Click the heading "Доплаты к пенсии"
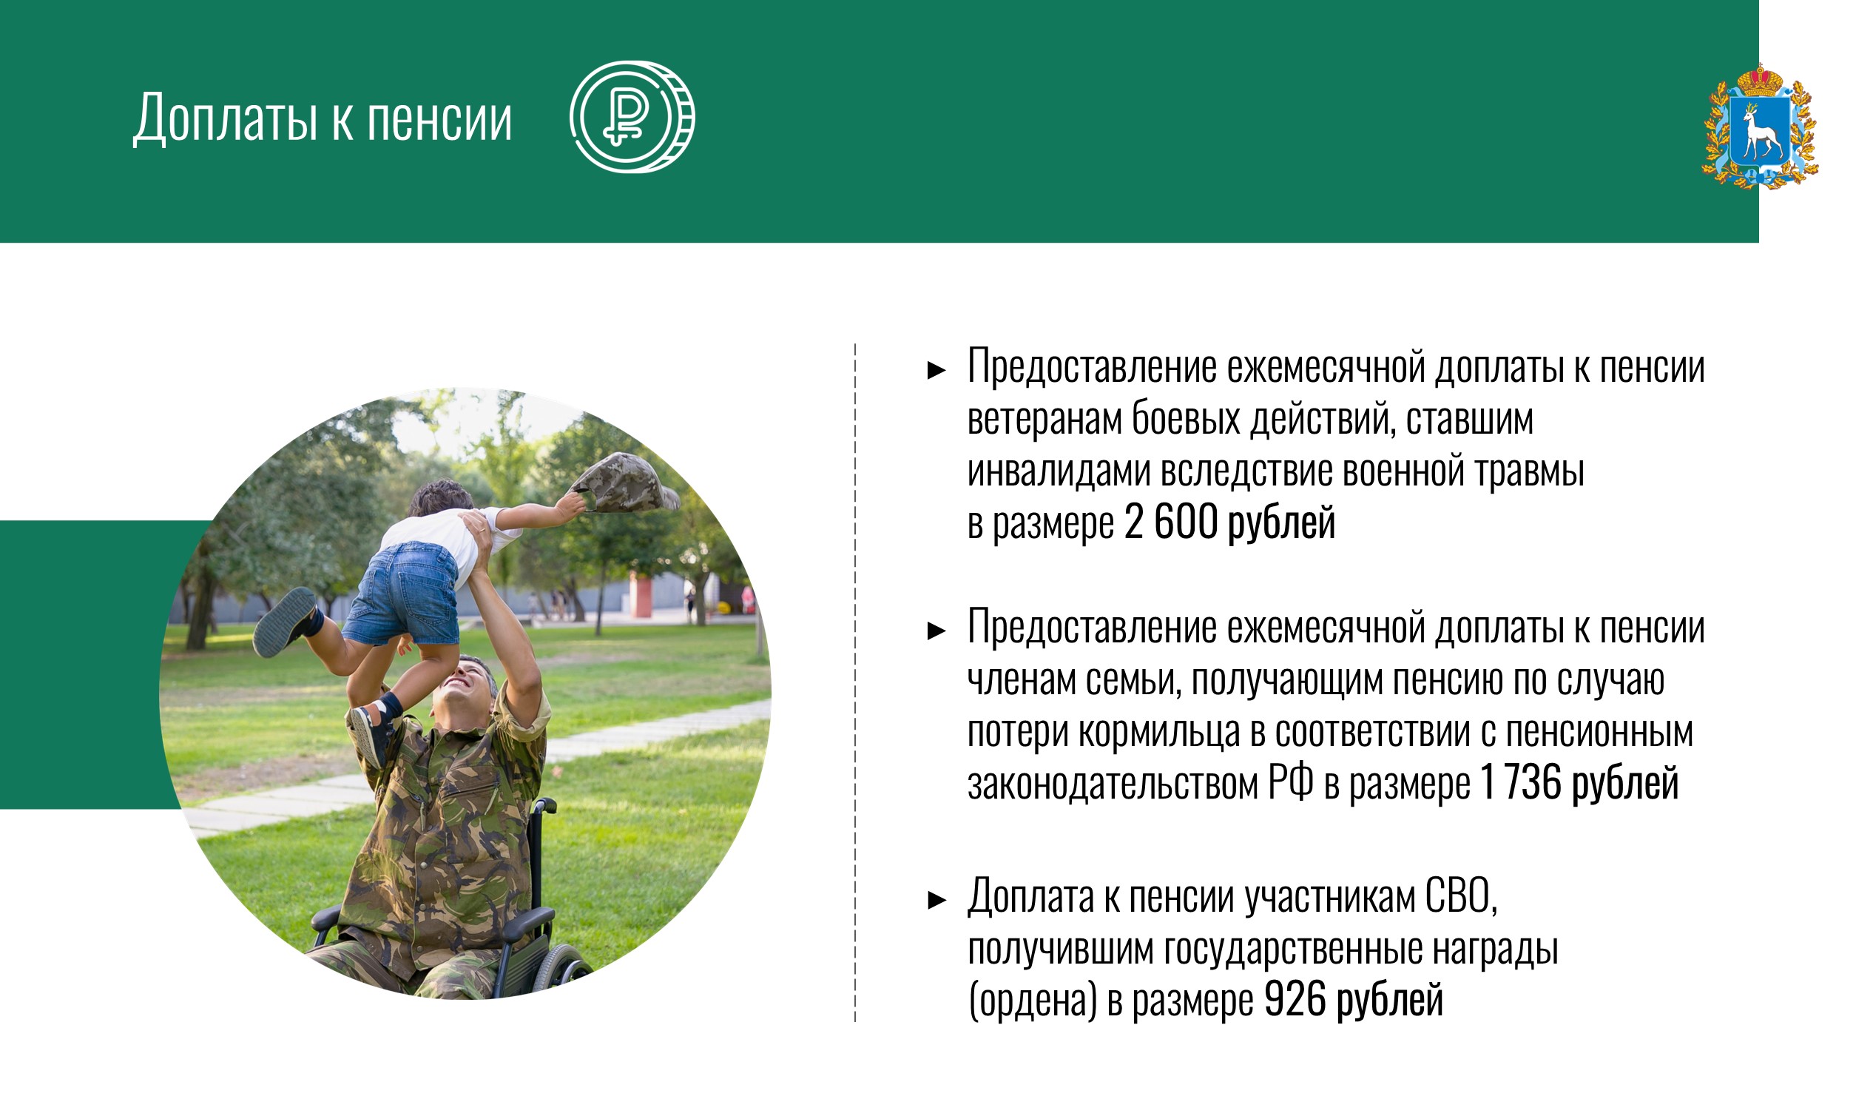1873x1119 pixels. tap(323, 119)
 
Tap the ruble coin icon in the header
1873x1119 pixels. tap(632, 117)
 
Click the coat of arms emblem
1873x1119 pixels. tap(1761, 125)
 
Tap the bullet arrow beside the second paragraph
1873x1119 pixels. tap(936, 631)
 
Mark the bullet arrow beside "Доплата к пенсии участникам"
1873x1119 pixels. tap(936, 900)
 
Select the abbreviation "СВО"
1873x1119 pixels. tap(1457, 896)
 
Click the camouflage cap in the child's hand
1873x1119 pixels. tap(625, 483)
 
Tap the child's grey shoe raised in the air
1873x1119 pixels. tap(286, 622)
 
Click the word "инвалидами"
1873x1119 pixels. tap(1059, 471)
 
